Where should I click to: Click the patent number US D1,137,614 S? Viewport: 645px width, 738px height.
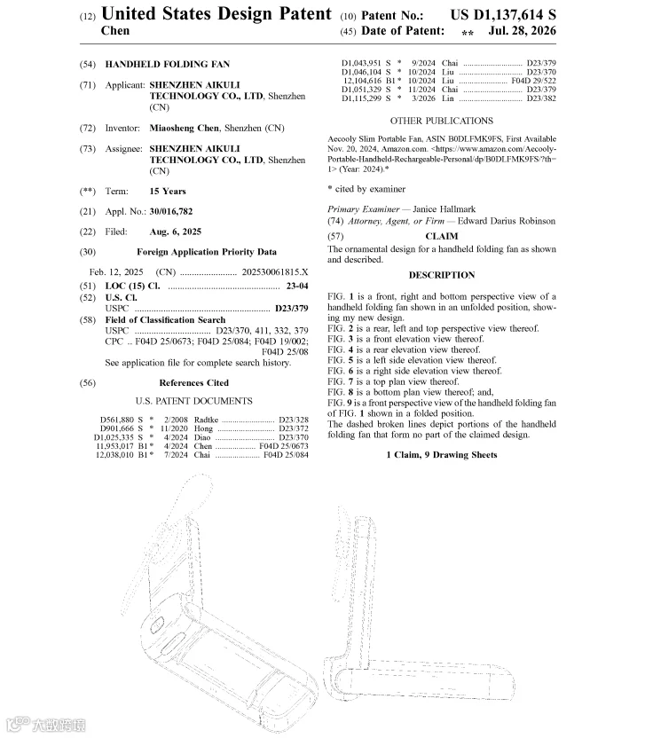tap(503, 15)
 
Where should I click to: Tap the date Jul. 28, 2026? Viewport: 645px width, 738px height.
tap(522, 31)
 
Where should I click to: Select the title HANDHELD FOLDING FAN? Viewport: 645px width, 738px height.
tap(168, 64)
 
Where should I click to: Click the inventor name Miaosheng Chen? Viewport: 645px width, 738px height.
tap(184, 128)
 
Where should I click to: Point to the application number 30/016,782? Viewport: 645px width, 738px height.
tap(171, 211)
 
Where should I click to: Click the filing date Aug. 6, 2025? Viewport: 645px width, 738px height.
tap(175, 232)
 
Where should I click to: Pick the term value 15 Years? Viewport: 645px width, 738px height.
tap(168, 191)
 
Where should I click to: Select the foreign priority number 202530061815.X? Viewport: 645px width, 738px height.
tap(275, 272)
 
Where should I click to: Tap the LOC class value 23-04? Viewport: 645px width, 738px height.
tap(297, 286)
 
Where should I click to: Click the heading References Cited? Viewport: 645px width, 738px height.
tap(194, 382)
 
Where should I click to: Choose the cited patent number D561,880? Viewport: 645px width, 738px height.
tap(116, 420)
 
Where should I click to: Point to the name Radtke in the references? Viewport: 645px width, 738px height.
tap(206, 420)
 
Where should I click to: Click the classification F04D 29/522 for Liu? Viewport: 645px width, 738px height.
tap(533, 81)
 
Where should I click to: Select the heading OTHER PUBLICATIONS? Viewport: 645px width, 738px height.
tap(442, 121)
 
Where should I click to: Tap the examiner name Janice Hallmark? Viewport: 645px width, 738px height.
tap(444, 209)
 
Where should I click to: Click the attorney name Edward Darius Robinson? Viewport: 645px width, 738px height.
tap(507, 221)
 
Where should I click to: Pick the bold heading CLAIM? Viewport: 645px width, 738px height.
tap(442, 236)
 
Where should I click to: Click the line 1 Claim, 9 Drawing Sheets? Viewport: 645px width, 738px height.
tap(442, 455)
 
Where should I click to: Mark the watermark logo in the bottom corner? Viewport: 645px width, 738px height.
tap(45, 724)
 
